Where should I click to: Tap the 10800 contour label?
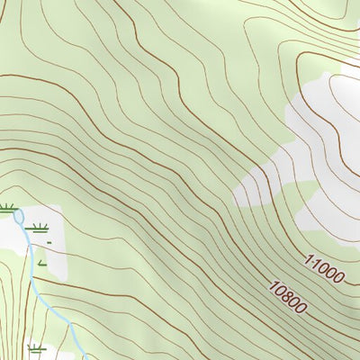(288, 298)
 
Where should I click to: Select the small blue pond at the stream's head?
(19, 216)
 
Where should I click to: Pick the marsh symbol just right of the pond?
(38, 226)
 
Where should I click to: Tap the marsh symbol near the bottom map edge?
(37, 348)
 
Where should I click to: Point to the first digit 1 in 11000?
(308, 259)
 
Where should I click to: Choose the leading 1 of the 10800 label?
(272, 285)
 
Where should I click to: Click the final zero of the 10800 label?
(303, 310)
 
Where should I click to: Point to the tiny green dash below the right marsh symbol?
(49, 241)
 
